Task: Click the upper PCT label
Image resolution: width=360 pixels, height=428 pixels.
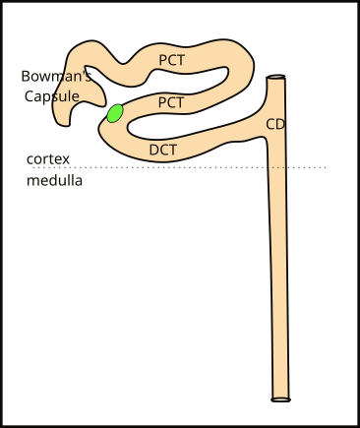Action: click(171, 60)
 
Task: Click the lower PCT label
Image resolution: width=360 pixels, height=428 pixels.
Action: click(171, 102)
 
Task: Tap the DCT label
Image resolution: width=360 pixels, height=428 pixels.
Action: click(162, 150)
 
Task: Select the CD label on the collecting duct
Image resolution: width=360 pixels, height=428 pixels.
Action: click(276, 124)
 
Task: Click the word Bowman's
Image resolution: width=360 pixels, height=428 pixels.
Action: click(56, 76)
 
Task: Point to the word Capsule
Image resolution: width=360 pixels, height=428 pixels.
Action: click(52, 95)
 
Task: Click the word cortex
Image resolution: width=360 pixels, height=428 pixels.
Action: click(48, 159)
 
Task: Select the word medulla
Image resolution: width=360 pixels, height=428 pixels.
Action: click(55, 181)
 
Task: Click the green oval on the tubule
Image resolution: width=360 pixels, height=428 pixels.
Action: click(115, 113)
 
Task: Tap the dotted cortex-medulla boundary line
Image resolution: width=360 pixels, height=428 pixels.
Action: click(197, 167)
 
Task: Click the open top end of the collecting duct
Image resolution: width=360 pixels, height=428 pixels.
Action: click(277, 78)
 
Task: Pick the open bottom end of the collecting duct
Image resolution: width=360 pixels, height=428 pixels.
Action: click(281, 398)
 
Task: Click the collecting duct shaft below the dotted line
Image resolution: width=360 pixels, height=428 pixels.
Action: click(280, 285)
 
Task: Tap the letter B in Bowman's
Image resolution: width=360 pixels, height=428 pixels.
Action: click(26, 76)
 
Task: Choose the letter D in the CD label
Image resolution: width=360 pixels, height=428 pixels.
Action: click(281, 124)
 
